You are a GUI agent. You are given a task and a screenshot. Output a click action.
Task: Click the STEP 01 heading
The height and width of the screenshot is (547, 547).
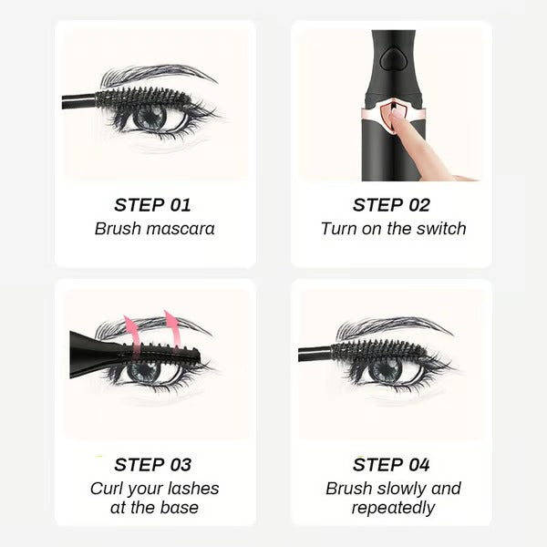point(152,204)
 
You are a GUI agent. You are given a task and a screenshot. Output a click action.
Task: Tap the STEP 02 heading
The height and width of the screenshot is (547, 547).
point(391,204)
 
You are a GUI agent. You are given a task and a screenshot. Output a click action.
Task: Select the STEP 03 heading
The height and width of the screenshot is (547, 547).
point(152,465)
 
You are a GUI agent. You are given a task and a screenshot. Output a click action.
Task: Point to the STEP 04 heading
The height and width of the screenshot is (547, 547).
point(391,465)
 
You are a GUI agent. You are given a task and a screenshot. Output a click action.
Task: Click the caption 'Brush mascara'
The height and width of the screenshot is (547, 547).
point(154,229)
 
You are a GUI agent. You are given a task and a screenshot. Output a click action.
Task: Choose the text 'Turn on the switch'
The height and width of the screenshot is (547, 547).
point(393,229)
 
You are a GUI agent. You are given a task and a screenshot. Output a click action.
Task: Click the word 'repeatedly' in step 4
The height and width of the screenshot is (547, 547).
point(393,509)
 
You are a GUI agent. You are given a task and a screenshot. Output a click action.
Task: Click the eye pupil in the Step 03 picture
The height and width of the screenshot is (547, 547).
point(147,370)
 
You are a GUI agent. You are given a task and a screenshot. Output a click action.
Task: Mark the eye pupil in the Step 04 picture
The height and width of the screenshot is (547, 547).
point(385,369)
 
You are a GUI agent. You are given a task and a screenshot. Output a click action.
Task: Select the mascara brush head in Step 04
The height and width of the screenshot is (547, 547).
point(374,349)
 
